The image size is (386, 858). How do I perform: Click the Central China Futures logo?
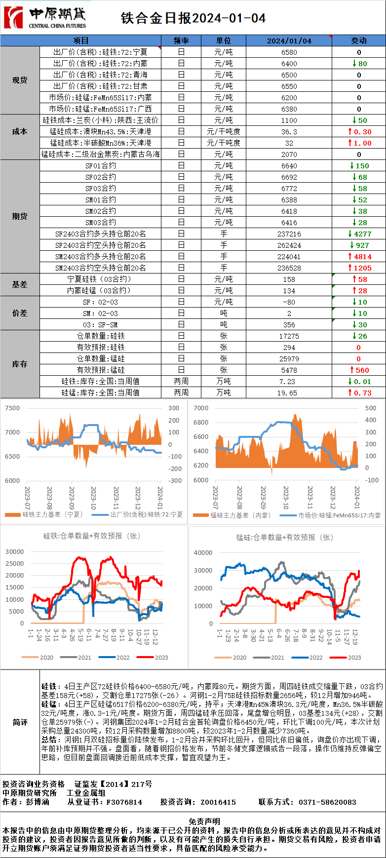(45, 18)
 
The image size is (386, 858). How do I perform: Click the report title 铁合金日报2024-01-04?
(193, 18)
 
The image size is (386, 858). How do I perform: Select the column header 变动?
(359, 40)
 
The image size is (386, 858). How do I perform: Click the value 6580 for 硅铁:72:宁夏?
(289, 52)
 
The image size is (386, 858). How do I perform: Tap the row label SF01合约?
(101, 166)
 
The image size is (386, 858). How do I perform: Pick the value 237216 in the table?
(289, 234)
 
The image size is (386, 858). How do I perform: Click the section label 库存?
(20, 364)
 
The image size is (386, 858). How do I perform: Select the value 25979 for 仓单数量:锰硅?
(289, 359)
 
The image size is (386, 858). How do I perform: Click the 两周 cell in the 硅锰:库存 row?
(181, 393)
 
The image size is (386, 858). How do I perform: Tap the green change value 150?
(362, 166)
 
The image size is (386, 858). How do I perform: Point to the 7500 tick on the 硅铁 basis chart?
(12, 408)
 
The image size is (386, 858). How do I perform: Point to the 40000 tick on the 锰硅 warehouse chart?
(203, 553)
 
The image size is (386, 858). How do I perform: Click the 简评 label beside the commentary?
(20, 722)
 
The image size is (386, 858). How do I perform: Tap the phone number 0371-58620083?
(327, 802)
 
